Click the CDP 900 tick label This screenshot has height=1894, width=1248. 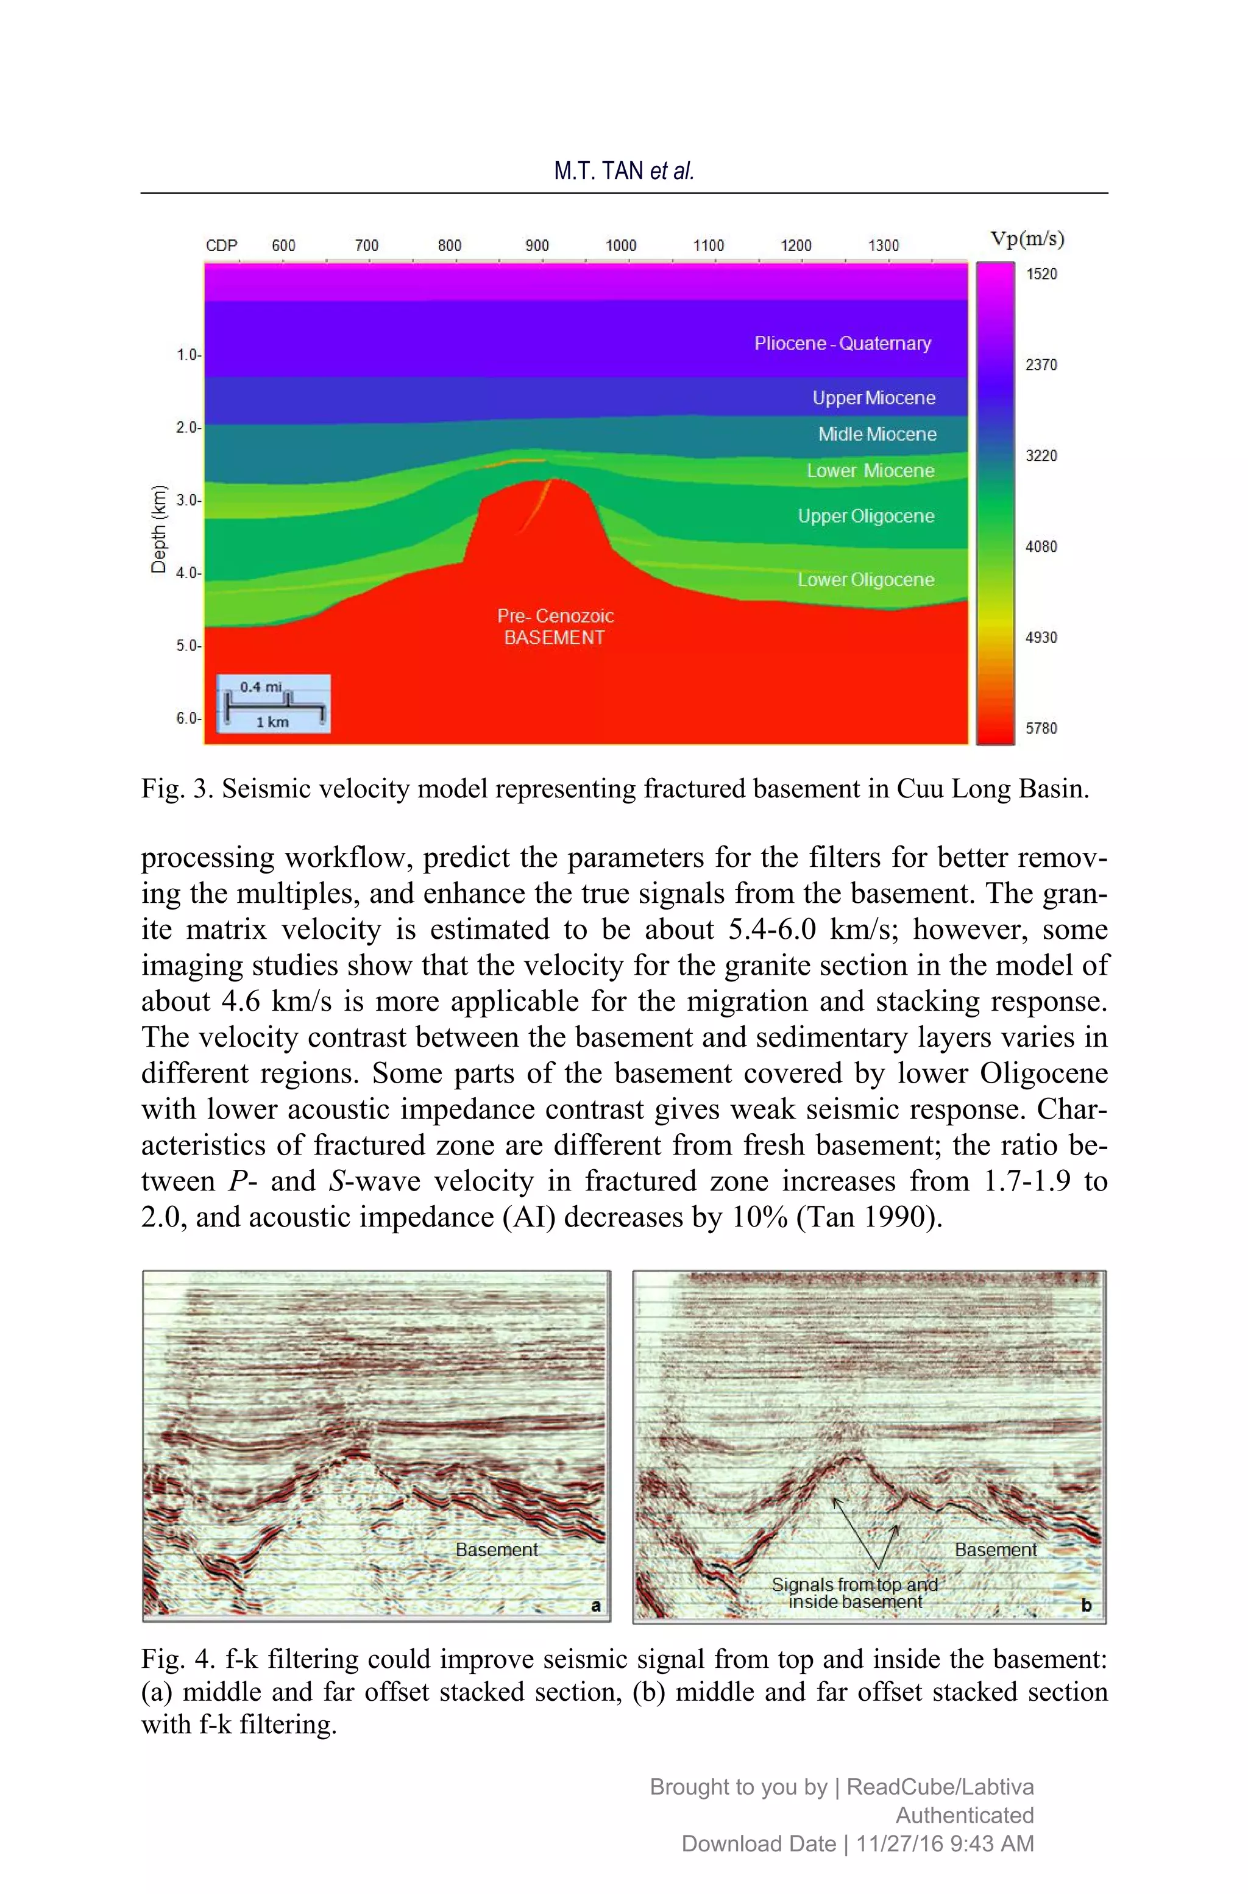click(x=537, y=245)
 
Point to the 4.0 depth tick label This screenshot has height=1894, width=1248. click(x=188, y=572)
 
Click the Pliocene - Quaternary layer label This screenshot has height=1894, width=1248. click(x=842, y=343)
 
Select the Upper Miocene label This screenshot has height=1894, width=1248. click(x=873, y=397)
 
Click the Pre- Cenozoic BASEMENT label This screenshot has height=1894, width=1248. click(x=555, y=627)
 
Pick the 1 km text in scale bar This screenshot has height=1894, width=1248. click(x=272, y=721)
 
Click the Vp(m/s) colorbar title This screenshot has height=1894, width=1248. click(x=1027, y=238)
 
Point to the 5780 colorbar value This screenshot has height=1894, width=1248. click(x=1040, y=728)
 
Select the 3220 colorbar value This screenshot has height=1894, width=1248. click(x=1040, y=455)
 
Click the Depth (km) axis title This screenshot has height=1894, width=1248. click(x=159, y=529)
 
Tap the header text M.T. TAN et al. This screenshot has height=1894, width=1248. click(x=624, y=170)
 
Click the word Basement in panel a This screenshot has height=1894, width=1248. click(x=497, y=1549)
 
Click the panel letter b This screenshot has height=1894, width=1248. click(x=1086, y=1605)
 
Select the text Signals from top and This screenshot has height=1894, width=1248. click(x=854, y=1584)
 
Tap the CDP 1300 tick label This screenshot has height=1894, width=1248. click(x=884, y=245)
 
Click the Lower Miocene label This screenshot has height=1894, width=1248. click(x=870, y=471)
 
